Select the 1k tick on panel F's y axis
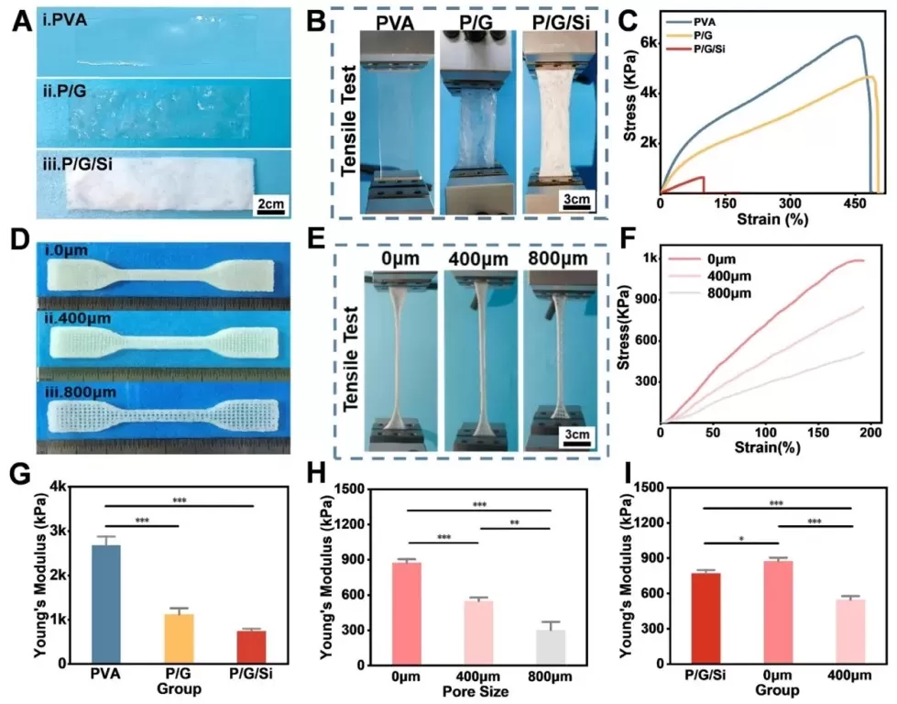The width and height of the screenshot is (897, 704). (649, 259)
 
